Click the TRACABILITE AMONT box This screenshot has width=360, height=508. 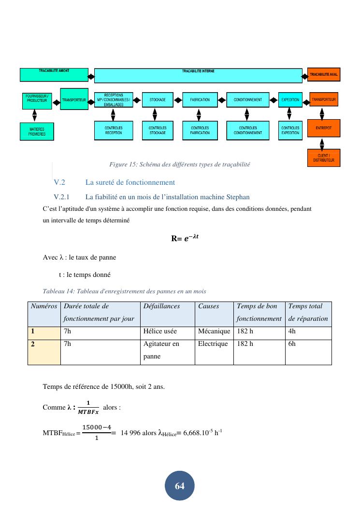[x=54, y=75]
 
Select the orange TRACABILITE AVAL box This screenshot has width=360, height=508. [x=324, y=75]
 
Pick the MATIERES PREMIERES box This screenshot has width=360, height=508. [x=37, y=131]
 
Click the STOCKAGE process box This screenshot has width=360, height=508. [x=158, y=100]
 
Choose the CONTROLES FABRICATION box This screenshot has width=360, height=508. [x=200, y=130]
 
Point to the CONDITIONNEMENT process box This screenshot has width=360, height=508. [x=247, y=100]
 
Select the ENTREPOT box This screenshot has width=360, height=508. [x=323, y=128]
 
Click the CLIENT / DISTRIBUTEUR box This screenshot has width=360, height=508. [x=323, y=158]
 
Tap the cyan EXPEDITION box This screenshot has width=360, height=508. [x=290, y=100]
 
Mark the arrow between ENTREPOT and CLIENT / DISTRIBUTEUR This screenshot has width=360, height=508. [x=322, y=144]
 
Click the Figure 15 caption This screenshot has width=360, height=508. [x=180, y=165]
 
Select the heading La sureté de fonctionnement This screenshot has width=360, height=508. [x=130, y=182]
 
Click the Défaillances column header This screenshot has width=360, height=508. [x=161, y=306]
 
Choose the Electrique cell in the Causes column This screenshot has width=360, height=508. [x=213, y=344]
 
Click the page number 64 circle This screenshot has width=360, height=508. [x=180, y=486]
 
